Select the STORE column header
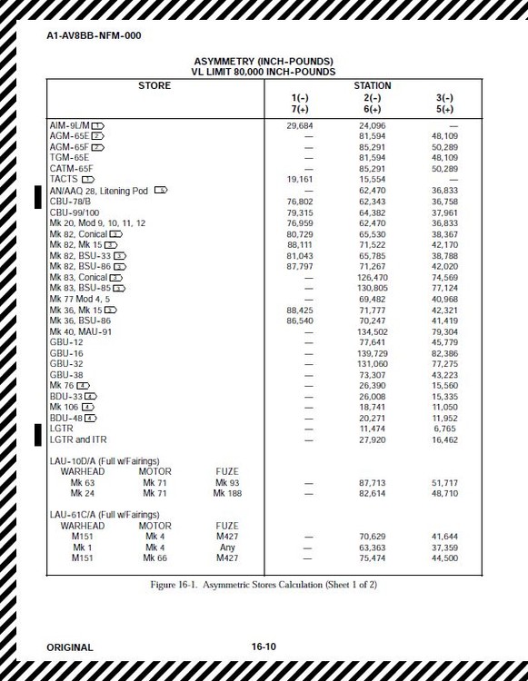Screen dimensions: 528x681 [154, 85]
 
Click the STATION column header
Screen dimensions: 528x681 [372, 85]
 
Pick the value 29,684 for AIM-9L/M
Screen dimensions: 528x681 [300, 124]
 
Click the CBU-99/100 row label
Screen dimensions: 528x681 [75, 212]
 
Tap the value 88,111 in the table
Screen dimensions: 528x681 [300, 244]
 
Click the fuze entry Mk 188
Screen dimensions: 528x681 [227, 493]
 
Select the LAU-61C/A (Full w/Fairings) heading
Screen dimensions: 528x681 [107, 515]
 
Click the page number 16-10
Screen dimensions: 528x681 [264, 647]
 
